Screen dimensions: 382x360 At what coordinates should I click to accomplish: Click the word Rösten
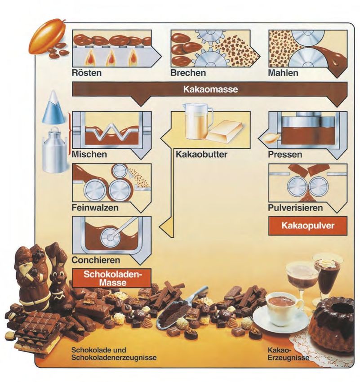click(x=86, y=72)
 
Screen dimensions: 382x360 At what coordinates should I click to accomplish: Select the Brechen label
click(x=188, y=72)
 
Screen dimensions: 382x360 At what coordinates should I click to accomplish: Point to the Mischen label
click(x=89, y=155)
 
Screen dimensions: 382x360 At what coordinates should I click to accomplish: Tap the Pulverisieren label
click(x=294, y=208)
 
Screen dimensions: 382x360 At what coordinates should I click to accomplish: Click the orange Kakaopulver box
click(x=308, y=226)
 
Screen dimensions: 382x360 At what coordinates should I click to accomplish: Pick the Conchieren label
click(x=95, y=260)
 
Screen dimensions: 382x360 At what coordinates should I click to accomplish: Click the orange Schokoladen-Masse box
click(x=111, y=279)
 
